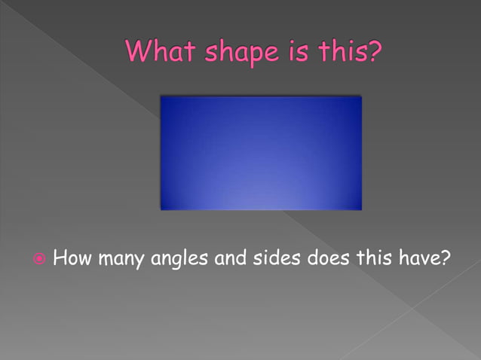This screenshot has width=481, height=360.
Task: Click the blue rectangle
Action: click(x=261, y=153)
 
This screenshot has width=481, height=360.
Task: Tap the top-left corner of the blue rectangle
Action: click(x=161, y=96)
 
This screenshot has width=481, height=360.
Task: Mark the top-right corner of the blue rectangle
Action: click(x=361, y=96)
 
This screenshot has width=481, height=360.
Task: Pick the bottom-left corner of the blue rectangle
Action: click(x=161, y=209)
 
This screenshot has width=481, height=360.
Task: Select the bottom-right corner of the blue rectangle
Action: click(x=361, y=209)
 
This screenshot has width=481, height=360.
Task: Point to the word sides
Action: click(x=280, y=260)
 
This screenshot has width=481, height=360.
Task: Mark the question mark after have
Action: click(x=446, y=259)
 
